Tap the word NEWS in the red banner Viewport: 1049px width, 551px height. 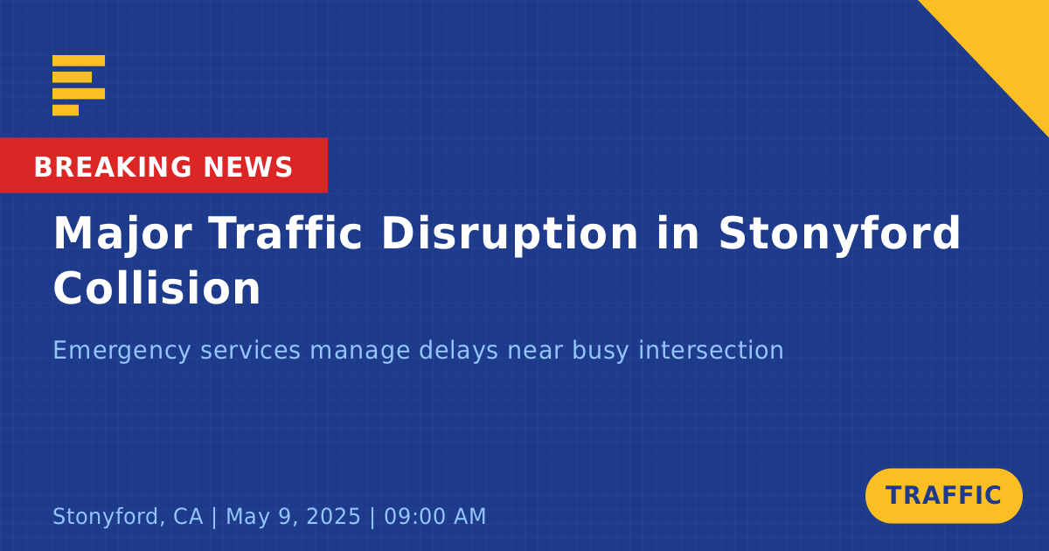click(247, 167)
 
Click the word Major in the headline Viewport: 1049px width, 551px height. click(122, 235)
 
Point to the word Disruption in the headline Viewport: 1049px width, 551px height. click(510, 235)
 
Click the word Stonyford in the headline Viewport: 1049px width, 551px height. click(839, 235)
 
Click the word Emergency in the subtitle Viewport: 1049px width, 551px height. click(122, 352)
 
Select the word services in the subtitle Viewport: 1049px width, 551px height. click(251, 351)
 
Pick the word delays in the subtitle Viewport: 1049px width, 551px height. click(458, 352)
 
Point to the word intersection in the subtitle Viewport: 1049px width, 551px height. click(712, 351)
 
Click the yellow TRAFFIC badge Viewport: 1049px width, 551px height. click(943, 496)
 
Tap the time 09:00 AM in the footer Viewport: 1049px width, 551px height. click(435, 516)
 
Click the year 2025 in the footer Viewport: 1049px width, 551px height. click(333, 516)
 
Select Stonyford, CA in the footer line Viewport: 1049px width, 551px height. click(128, 517)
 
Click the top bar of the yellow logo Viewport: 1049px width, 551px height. click(79, 60)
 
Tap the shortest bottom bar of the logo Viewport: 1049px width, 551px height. click(66, 110)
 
